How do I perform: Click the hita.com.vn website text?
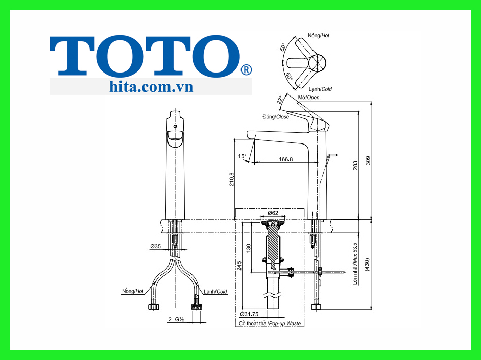point(151,86)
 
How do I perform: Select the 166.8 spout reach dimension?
point(285,159)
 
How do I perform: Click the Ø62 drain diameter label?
point(273,213)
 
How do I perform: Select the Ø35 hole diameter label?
point(156,246)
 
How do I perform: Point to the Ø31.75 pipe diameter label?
point(249,315)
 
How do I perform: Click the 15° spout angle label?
point(242,156)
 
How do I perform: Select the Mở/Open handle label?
point(308,97)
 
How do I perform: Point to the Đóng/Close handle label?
point(276,117)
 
